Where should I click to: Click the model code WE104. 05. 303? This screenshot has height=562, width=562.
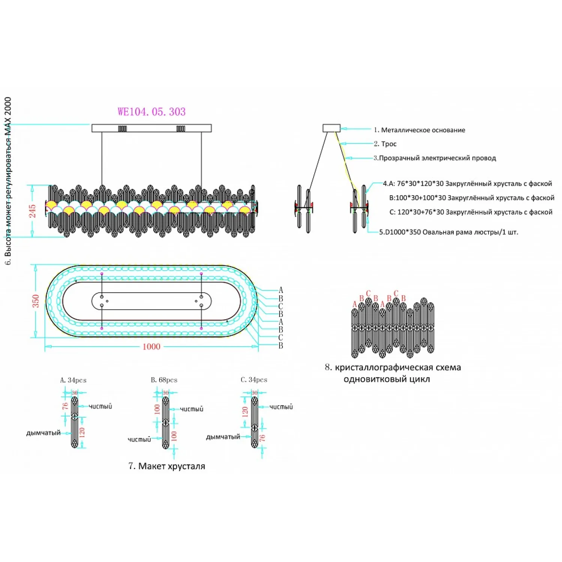click(x=151, y=112)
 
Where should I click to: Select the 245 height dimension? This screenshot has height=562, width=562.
click(x=33, y=211)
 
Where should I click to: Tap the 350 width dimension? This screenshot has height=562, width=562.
click(x=36, y=301)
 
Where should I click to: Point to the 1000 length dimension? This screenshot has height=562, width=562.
click(x=151, y=347)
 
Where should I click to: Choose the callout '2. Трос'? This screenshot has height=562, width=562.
click(x=385, y=144)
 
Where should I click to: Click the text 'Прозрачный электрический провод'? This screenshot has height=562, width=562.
click(x=437, y=158)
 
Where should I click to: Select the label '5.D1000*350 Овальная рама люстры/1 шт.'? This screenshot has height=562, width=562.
click(x=448, y=232)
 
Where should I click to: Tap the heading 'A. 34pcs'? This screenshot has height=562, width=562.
click(x=73, y=380)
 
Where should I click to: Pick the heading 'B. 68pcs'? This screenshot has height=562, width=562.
click(x=164, y=380)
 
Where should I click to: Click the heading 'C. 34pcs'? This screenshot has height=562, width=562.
click(x=254, y=380)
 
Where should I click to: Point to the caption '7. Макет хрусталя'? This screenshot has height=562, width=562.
click(x=167, y=466)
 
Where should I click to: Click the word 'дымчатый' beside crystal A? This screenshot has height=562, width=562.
click(x=43, y=433)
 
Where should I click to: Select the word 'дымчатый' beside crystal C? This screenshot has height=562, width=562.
click(x=223, y=437)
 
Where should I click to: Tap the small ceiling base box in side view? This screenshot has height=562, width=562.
click(x=332, y=128)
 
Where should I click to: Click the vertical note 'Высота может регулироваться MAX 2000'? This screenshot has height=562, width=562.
click(x=8, y=180)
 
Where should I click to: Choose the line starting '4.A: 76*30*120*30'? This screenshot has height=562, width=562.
click(x=467, y=184)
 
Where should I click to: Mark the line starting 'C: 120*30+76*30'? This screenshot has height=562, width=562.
click(x=471, y=212)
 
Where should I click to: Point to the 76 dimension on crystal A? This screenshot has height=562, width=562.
click(x=65, y=406)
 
